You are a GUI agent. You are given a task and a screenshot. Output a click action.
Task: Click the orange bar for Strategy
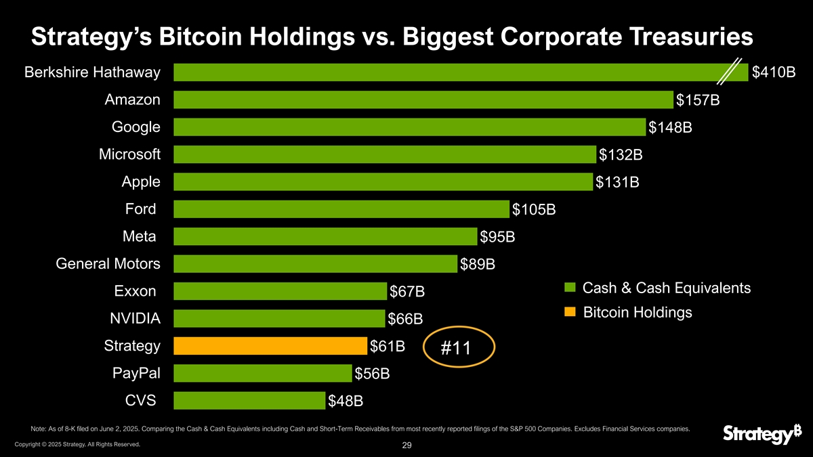pos(270,346)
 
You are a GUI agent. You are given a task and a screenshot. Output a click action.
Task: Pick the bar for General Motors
pos(315,263)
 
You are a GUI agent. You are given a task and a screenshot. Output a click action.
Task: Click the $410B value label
pos(774,72)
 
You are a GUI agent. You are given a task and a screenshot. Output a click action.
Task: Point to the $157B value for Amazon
pos(697,100)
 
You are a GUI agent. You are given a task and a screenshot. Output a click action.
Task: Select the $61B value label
pos(388,347)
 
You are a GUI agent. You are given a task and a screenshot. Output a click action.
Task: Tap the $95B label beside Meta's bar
pos(497,237)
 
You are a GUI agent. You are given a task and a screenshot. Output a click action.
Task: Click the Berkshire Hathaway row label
pos(92,72)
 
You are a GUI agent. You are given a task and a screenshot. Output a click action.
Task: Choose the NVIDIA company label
pos(135,318)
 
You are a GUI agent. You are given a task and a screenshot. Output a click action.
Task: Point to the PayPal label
pos(136,373)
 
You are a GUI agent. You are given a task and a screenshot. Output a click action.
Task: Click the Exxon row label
pos(135,291)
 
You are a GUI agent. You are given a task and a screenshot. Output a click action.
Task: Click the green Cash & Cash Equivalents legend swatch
pos(570,288)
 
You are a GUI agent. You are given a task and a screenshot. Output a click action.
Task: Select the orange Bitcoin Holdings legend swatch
pos(570,312)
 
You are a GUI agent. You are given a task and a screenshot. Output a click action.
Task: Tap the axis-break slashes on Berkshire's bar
pos(730,72)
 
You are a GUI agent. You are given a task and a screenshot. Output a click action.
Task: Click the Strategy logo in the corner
pos(757,435)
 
